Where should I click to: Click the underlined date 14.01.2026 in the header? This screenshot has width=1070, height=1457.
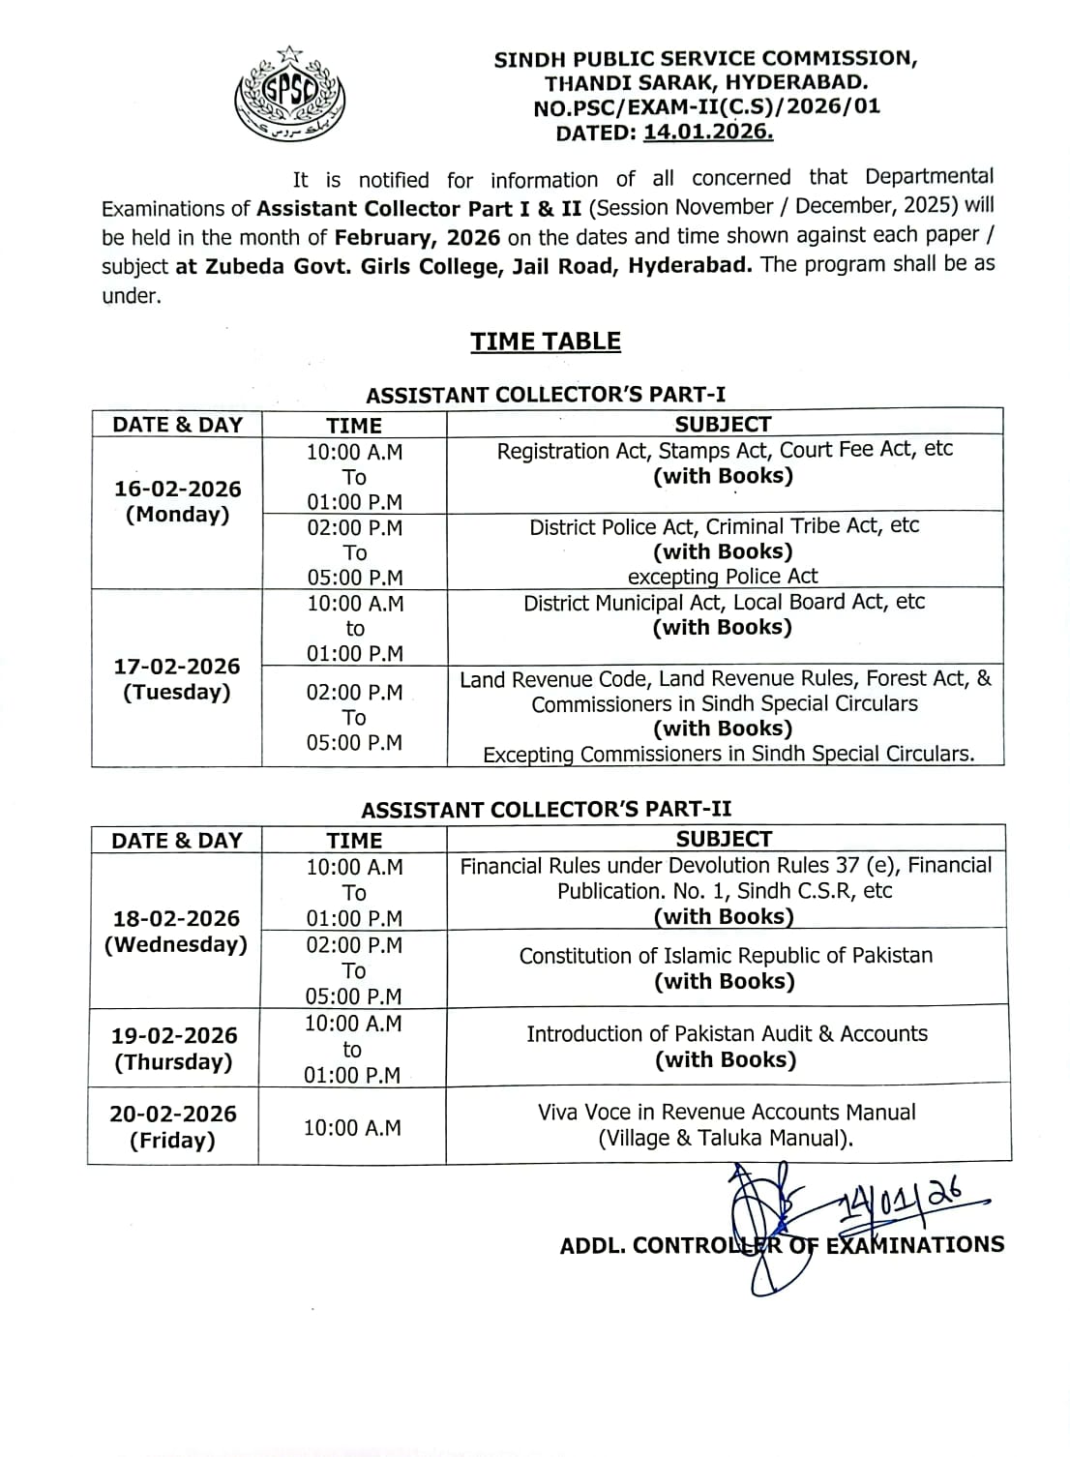tap(707, 133)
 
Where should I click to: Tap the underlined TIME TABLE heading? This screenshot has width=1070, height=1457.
tap(546, 342)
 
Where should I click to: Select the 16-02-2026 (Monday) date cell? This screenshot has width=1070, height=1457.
tap(177, 501)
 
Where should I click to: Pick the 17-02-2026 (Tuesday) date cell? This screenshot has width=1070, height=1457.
tap(177, 678)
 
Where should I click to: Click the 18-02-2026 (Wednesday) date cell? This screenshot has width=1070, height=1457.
tap(175, 931)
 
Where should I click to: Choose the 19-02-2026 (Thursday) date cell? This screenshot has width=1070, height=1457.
tap(174, 1048)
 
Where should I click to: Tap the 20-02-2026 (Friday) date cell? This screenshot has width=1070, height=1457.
tap(173, 1126)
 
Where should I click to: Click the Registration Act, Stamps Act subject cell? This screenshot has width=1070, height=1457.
tap(724, 462)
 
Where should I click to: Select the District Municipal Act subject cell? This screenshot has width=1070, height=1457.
tap(724, 614)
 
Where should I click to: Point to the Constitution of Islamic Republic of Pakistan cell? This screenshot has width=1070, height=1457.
tap(726, 967)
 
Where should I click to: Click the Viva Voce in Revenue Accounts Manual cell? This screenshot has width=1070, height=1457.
tap(726, 1124)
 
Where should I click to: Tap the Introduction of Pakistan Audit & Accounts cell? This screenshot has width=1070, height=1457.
tap(726, 1046)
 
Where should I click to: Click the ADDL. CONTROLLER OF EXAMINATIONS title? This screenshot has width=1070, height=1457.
tap(782, 1245)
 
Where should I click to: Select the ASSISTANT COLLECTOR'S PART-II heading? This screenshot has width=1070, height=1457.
tap(547, 809)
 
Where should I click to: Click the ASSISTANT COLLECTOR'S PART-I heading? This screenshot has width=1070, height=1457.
tap(546, 395)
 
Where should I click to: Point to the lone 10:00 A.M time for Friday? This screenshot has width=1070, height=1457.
tap(352, 1127)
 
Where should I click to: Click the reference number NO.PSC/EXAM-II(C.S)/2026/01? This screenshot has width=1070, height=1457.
tap(707, 107)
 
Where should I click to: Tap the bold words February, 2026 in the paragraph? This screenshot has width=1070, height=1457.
tap(417, 237)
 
